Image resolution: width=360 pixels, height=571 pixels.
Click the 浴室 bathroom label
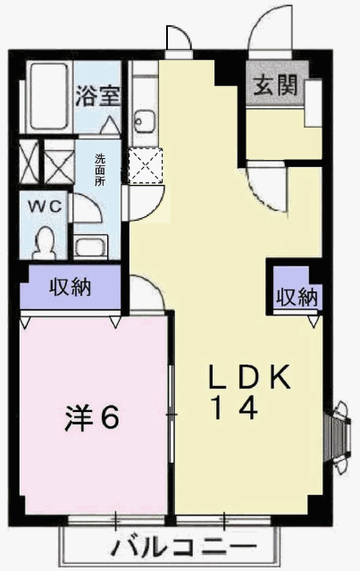coord(97,96)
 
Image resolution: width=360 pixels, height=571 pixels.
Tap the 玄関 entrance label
coord(275,86)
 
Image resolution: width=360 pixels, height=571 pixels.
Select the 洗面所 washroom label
coord(100,170)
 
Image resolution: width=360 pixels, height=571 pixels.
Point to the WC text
coord(46,206)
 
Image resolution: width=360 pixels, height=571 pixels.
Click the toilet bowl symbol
coord(46,242)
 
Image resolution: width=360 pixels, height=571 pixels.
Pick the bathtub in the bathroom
coord(49,97)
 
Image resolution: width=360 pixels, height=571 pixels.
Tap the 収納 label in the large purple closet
coord(71,287)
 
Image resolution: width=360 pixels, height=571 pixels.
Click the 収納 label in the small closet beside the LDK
coord(297,297)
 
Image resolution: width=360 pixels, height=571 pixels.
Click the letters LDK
coord(249,376)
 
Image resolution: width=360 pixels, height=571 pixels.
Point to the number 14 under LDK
coord(236,407)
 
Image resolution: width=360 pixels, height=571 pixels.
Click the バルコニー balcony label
coord(184,548)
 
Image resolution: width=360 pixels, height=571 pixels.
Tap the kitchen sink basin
coord(145,121)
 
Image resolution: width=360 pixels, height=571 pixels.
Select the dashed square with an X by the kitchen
coord(146,165)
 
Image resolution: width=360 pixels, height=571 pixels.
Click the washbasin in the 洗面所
coord(90,246)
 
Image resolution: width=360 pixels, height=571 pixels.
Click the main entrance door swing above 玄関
coord(270,28)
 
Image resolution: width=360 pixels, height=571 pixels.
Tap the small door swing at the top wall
coord(179,38)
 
